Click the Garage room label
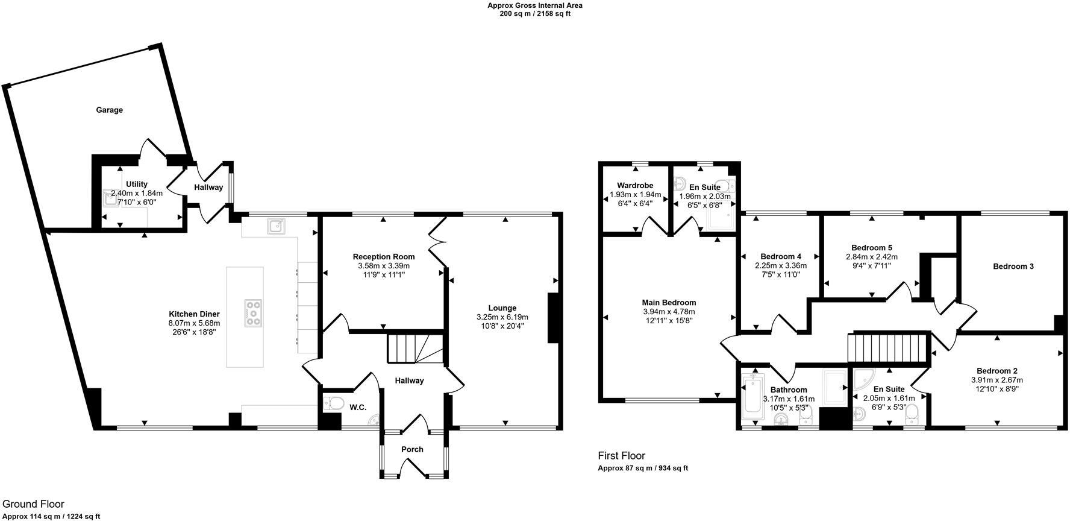[109, 110]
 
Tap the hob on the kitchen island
[253, 313]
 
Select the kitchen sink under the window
[277, 226]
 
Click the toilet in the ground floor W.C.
[333, 403]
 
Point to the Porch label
[412, 449]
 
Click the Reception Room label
[384, 257]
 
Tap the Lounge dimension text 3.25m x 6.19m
[502, 317]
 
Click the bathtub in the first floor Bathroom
[752, 395]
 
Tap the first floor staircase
[886, 347]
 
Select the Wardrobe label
[635, 185]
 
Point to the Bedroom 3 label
[1013, 266]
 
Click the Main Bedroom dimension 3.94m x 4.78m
[669, 312]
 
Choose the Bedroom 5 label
[871, 248]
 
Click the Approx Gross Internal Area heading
[534, 5]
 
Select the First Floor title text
[621, 456]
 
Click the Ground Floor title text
[33, 504]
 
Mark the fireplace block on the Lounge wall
[553, 318]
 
